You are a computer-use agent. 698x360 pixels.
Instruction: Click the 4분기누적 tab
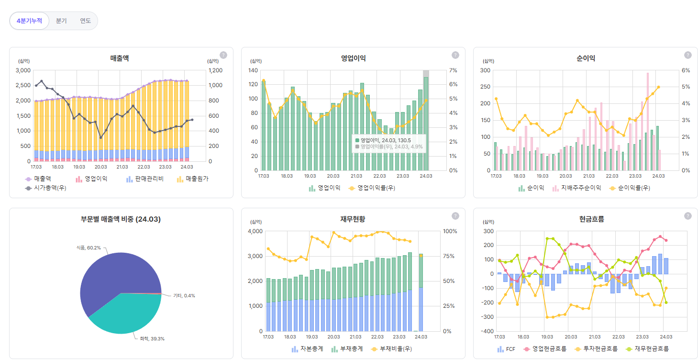pos(29,21)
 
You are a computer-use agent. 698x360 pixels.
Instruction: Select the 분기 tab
pos(61,21)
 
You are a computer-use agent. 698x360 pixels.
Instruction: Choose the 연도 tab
pos(85,21)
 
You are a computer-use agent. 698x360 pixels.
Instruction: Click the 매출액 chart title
pos(119,58)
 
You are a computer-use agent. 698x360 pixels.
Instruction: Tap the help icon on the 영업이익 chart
pos(455,55)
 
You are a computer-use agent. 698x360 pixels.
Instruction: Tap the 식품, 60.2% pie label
pos(89,248)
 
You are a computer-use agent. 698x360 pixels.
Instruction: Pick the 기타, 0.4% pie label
pos(184,295)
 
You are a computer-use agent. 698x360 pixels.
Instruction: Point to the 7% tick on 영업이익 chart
pos(452,70)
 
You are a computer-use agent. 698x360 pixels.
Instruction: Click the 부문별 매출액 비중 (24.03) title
pos(121,219)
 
